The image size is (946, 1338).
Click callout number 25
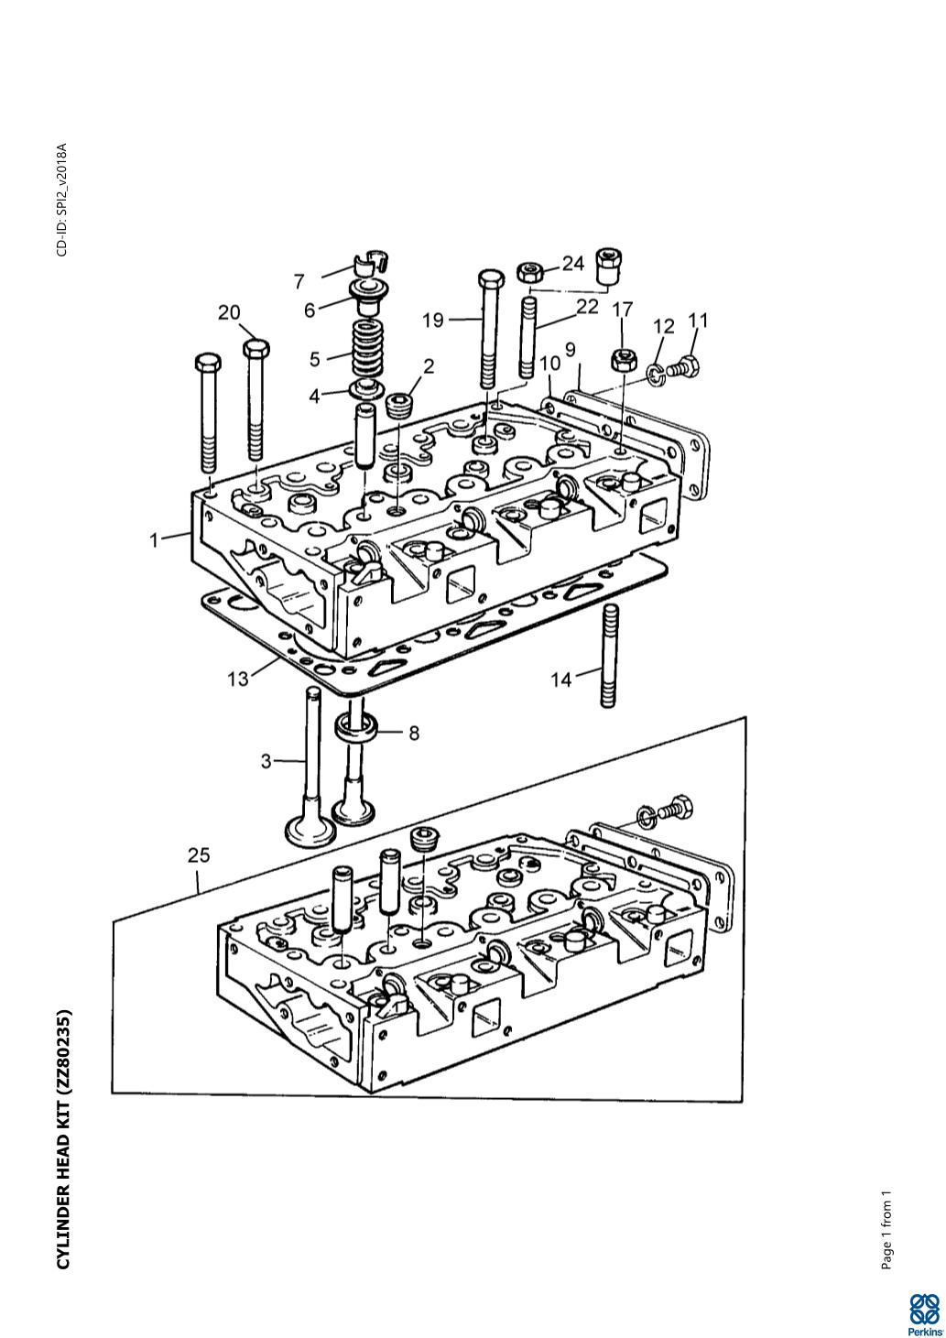click(199, 855)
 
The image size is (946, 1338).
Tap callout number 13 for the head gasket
click(238, 680)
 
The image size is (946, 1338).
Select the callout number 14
click(561, 679)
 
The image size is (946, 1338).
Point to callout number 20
click(229, 312)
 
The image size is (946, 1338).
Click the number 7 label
click(299, 281)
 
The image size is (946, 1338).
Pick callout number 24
click(573, 264)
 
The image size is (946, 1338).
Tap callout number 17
click(622, 309)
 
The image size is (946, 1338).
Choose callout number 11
click(698, 321)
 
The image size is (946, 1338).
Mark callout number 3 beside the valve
click(266, 761)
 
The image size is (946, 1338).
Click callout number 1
click(155, 540)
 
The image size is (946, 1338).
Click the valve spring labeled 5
click(368, 354)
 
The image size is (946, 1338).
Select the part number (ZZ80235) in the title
click(63, 1052)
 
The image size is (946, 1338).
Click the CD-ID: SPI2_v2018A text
click(62, 200)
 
